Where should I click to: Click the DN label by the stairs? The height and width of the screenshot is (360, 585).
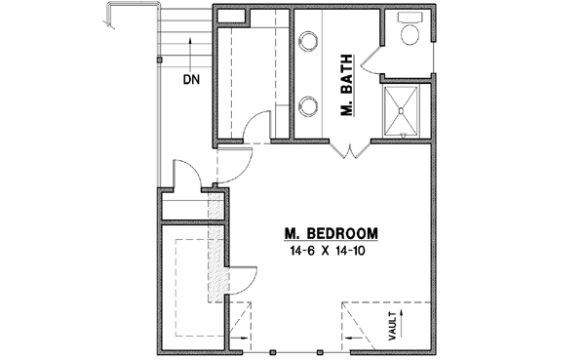[190, 79]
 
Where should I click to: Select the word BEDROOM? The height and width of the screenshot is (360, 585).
[342, 234]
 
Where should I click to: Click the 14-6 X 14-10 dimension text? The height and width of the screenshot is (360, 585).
[331, 251]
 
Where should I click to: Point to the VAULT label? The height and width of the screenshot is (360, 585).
[391, 325]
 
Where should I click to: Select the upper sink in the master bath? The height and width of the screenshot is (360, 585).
[310, 41]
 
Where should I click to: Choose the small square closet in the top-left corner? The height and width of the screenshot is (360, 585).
[231, 16]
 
